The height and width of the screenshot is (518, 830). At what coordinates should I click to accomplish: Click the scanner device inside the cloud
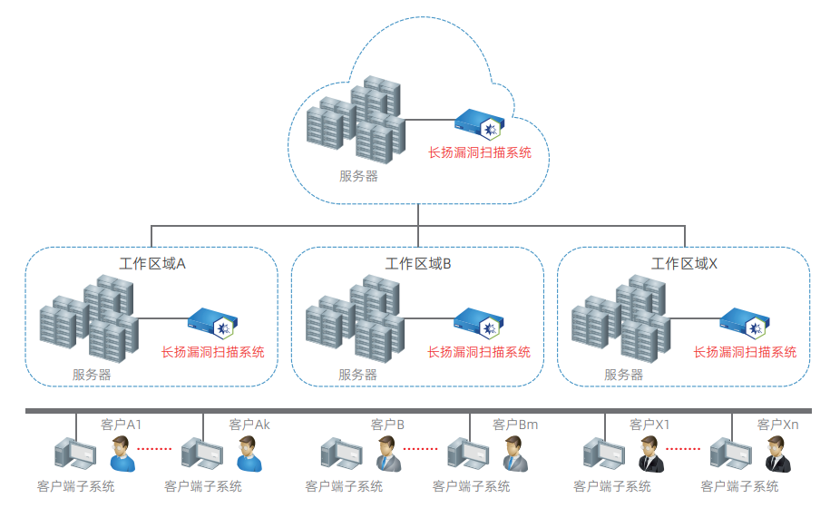(478, 122)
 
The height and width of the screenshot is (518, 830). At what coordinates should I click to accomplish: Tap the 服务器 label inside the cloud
(358, 176)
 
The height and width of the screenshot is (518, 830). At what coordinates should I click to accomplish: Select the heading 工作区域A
(152, 264)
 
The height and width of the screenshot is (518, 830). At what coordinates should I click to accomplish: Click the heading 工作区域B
(418, 264)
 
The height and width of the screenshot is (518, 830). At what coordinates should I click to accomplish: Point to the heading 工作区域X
(684, 264)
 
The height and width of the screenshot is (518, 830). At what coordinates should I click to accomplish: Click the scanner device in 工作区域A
(212, 321)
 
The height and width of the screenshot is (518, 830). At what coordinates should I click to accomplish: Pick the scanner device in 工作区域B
(478, 321)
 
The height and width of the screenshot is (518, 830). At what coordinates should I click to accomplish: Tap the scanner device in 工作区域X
(745, 321)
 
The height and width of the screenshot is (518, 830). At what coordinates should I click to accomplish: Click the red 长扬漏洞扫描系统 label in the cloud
(479, 152)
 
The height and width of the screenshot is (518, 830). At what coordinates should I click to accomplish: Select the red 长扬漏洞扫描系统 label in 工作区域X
(745, 352)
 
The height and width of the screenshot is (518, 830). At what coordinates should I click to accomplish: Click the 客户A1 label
(121, 425)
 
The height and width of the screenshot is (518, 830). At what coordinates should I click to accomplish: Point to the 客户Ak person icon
(249, 454)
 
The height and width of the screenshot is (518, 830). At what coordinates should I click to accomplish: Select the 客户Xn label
(777, 425)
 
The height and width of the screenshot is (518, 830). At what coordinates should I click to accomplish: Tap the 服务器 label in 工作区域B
(357, 374)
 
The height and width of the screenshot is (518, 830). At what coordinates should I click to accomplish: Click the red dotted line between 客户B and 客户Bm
(420, 448)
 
